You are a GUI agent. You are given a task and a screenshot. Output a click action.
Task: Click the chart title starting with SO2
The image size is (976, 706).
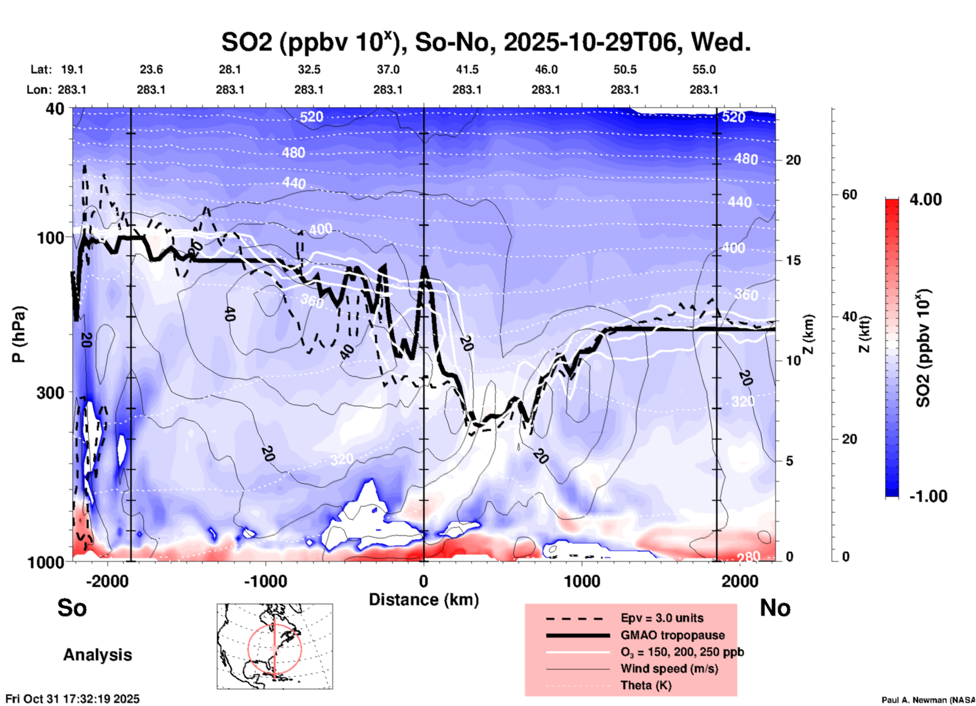click(x=485, y=43)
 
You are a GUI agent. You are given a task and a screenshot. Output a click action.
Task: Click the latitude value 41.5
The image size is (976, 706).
click(x=467, y=69)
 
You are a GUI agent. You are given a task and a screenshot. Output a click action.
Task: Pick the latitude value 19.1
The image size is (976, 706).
click(x=72, y=69)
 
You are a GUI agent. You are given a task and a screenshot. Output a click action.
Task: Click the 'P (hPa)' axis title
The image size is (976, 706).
click(x=19, y=334)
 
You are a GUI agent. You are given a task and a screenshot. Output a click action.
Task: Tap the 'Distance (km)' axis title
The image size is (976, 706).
click(x=424, y=600)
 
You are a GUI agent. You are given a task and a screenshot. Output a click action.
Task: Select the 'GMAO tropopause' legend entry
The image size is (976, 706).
click(x=672, y=635)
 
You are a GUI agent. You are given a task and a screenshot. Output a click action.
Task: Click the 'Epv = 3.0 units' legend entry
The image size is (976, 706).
click(x=662, y=618)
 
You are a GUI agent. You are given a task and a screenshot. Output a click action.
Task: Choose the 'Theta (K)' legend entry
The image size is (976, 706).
click(x=646, y=685)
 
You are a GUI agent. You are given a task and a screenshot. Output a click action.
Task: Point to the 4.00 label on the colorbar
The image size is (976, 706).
click(x=925, y=200)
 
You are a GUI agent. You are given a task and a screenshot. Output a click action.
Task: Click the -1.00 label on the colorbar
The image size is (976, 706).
click(x=928, y=496)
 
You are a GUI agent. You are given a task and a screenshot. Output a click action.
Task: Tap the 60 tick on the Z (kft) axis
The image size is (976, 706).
click(x=849, y=194)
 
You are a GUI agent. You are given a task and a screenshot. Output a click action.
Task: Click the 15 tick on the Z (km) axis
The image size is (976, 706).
click(x=793, y=260)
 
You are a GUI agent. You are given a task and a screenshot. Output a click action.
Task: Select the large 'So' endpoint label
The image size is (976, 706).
click(x=72, y=608)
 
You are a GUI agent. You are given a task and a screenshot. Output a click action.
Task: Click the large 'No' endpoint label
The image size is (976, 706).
click(x=775, y=608)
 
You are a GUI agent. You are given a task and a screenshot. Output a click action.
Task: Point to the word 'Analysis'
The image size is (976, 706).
click(x=97, y=655)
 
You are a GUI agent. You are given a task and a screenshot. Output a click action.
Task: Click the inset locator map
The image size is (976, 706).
click(x=275, y=646)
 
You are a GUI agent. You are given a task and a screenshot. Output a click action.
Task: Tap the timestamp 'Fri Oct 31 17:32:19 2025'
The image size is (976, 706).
click(x=72, y=699)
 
